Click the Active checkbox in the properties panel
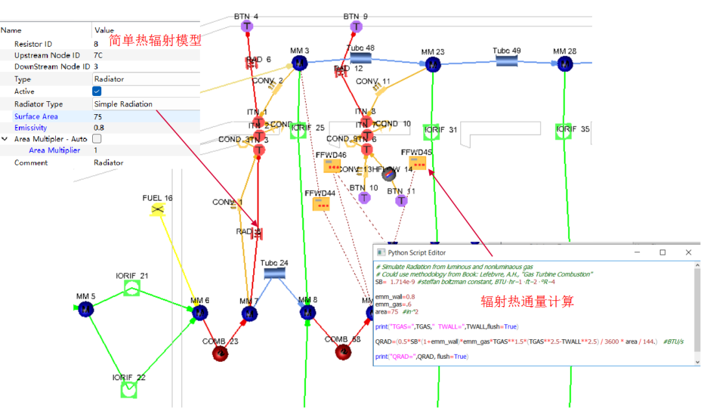[x=97, y=91]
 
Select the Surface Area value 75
[x=98, y=117]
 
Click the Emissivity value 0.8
[x=99, y=128]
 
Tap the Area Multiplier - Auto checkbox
[x=97, y=139]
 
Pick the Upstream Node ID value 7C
[x=98, y=55]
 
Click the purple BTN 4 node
[x=247, y=27]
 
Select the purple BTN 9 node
[x=356, y=27]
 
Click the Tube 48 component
[x=360, y=58]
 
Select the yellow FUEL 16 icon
[x=156, y=210]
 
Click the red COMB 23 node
[x=220, y=353]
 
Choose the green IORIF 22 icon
[x=129, y=389]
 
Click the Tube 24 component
[x=275, y=274]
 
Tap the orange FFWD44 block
[x=321, y=204]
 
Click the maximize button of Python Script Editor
[x=662, y=252]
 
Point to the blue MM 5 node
[x=86, y=309]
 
